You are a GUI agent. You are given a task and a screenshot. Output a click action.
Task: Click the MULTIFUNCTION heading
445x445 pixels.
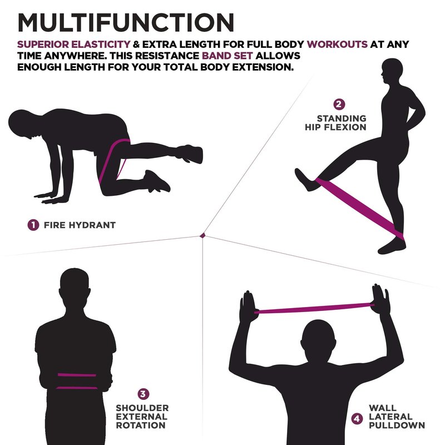126,22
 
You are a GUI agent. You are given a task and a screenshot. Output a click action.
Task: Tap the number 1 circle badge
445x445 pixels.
33,225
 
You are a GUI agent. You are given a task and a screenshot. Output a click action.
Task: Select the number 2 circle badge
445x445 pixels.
339,104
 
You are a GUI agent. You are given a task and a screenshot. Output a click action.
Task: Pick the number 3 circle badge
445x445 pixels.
143,394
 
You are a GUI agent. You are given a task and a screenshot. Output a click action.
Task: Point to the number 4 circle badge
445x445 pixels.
357,419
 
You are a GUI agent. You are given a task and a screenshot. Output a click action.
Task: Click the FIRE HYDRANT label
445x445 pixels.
80,225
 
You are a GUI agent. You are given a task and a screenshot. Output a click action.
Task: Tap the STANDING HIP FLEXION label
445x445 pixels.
336,122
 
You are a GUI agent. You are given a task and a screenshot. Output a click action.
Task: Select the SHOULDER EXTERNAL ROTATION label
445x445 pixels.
142,417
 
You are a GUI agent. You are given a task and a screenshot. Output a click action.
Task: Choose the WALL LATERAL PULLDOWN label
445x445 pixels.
397,417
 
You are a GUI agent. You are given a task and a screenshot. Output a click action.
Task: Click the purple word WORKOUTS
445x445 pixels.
337,44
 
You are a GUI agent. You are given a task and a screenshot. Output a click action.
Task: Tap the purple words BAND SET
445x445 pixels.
227,56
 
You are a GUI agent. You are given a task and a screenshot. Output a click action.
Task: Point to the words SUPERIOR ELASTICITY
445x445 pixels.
74,44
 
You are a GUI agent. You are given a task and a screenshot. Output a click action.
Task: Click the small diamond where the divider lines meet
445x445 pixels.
202,235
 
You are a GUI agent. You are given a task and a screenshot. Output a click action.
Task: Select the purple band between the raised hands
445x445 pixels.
314,308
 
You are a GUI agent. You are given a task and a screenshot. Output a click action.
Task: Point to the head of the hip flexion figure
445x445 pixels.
392,72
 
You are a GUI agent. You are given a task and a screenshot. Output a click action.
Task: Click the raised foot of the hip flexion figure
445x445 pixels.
306,180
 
